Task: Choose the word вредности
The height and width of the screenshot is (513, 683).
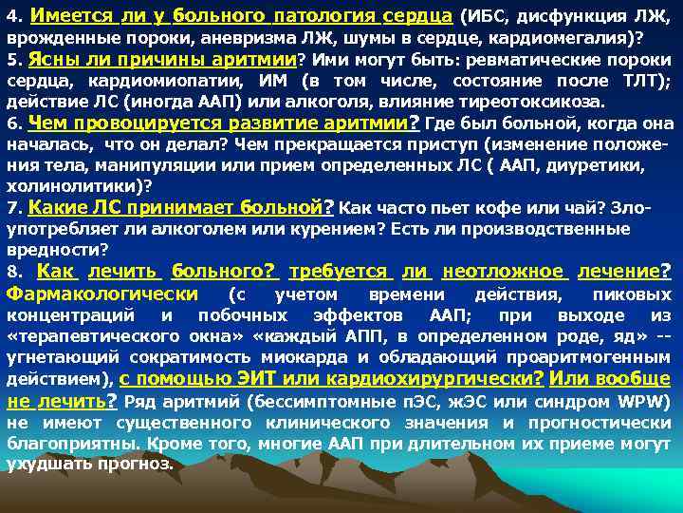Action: (52, 249)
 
